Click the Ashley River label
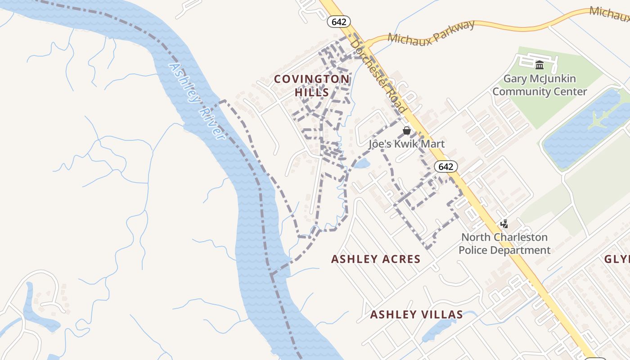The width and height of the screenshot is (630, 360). tap(197, 101)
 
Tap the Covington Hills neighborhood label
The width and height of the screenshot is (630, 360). tap(312, 85)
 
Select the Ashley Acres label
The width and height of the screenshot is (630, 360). tap(376, 259)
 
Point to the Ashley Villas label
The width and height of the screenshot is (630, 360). tap(416, 315)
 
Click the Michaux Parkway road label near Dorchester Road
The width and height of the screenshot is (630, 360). tap(431, 32)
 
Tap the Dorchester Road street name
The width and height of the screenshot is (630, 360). tap(379, 76)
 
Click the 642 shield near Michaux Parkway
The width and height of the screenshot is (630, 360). tap(339, 21)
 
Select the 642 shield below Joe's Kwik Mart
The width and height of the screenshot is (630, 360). tap(445, 166)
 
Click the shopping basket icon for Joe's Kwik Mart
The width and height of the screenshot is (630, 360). tap(407, 130)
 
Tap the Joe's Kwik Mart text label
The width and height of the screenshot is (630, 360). tap(407, 144)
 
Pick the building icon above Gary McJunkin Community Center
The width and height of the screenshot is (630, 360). tap(540, 65)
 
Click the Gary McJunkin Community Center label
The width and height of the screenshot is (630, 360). tap(540, 85)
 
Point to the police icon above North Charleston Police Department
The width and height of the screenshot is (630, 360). tap(504, 224)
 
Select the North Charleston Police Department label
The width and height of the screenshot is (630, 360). tap(504, 243)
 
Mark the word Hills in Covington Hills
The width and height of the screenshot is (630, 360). tap(312, 92)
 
